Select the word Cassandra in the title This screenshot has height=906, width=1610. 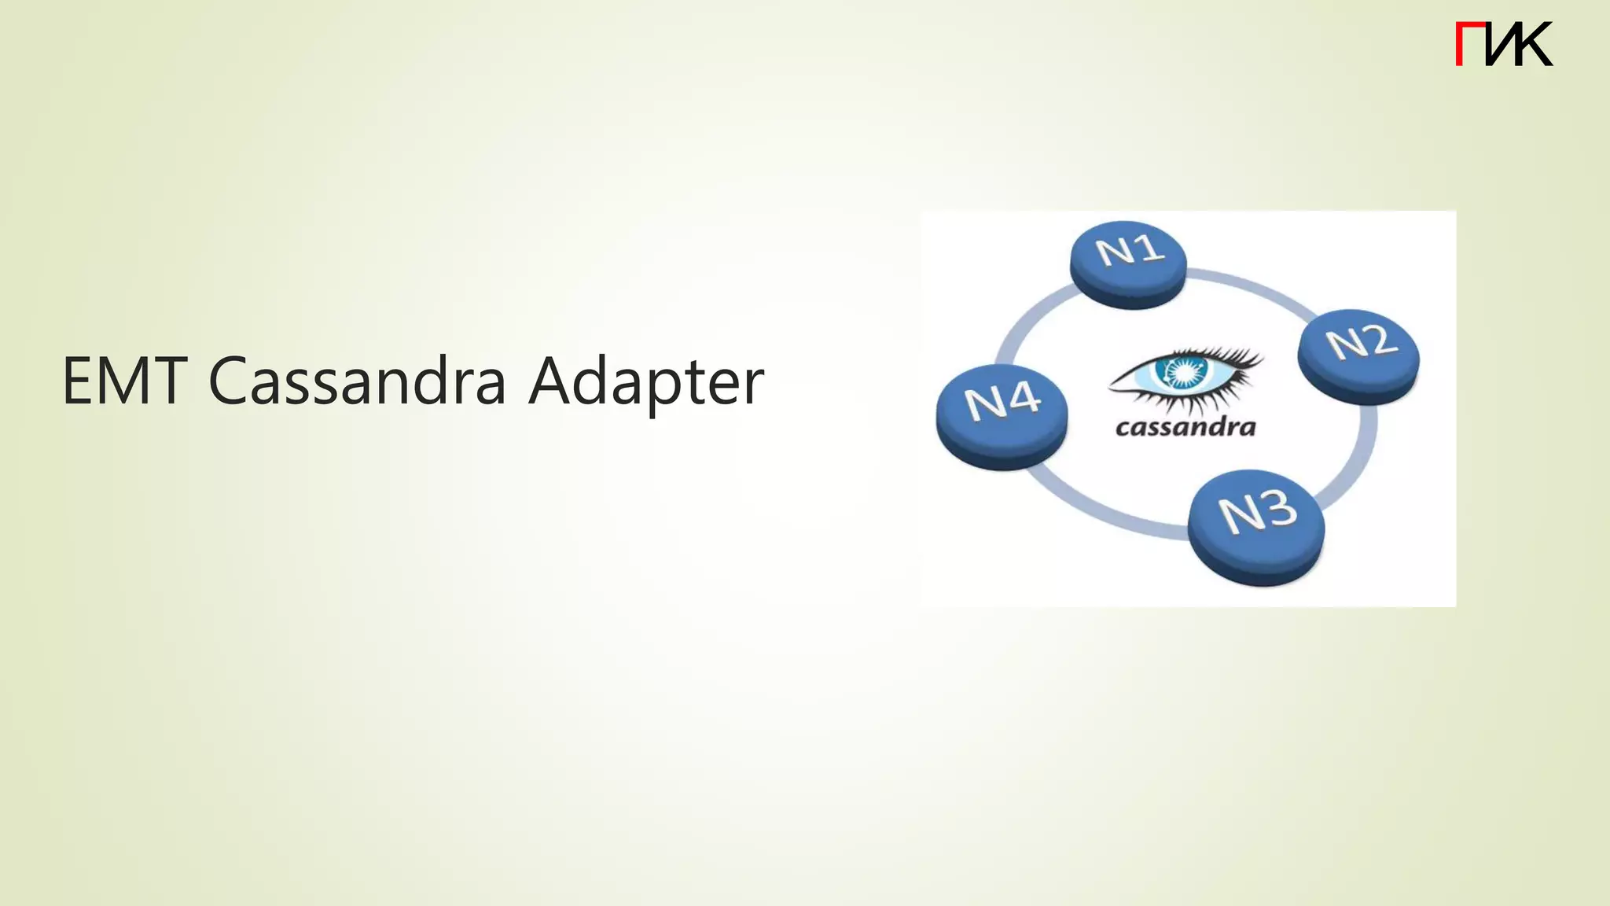click(358, 381)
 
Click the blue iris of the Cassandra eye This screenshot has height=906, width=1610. click(1182, 371)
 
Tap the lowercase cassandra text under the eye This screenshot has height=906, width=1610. click(1185, 427)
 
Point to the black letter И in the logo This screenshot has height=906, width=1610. click(1502, 44)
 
